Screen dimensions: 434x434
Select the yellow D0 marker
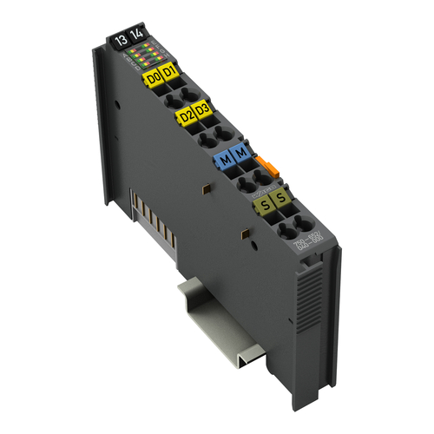153,77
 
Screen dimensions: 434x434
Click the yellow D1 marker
169,71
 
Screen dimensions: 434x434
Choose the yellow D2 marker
185,115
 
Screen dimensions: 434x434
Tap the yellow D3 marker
202,109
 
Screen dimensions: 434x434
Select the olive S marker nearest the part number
280,200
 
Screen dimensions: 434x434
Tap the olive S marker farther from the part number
263,207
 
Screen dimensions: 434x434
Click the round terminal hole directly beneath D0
161,95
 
